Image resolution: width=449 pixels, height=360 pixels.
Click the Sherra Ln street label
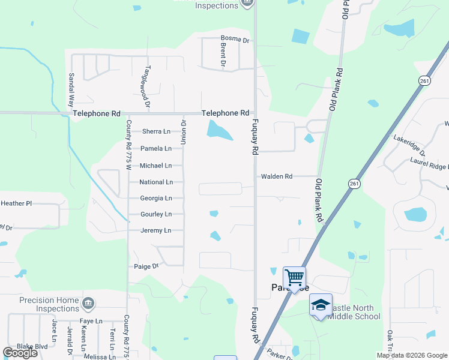[156, 131]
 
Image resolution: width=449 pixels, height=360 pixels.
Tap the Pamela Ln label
[156, 148]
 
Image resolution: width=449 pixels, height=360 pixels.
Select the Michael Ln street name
[156, 166]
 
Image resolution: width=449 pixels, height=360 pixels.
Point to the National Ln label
[156, 182]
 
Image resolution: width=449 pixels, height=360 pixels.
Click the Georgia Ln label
[156, 199]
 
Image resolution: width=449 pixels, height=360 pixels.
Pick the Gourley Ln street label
[156, 214]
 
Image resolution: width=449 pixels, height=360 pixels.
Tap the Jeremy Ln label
[156, 230]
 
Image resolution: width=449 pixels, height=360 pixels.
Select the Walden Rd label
[276, 177]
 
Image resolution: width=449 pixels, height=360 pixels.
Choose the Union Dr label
[184, 132]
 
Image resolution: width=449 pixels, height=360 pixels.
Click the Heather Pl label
[16, 204]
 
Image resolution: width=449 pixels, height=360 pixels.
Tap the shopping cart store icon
[294, 277]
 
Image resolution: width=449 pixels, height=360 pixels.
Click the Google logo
[20, 353]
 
